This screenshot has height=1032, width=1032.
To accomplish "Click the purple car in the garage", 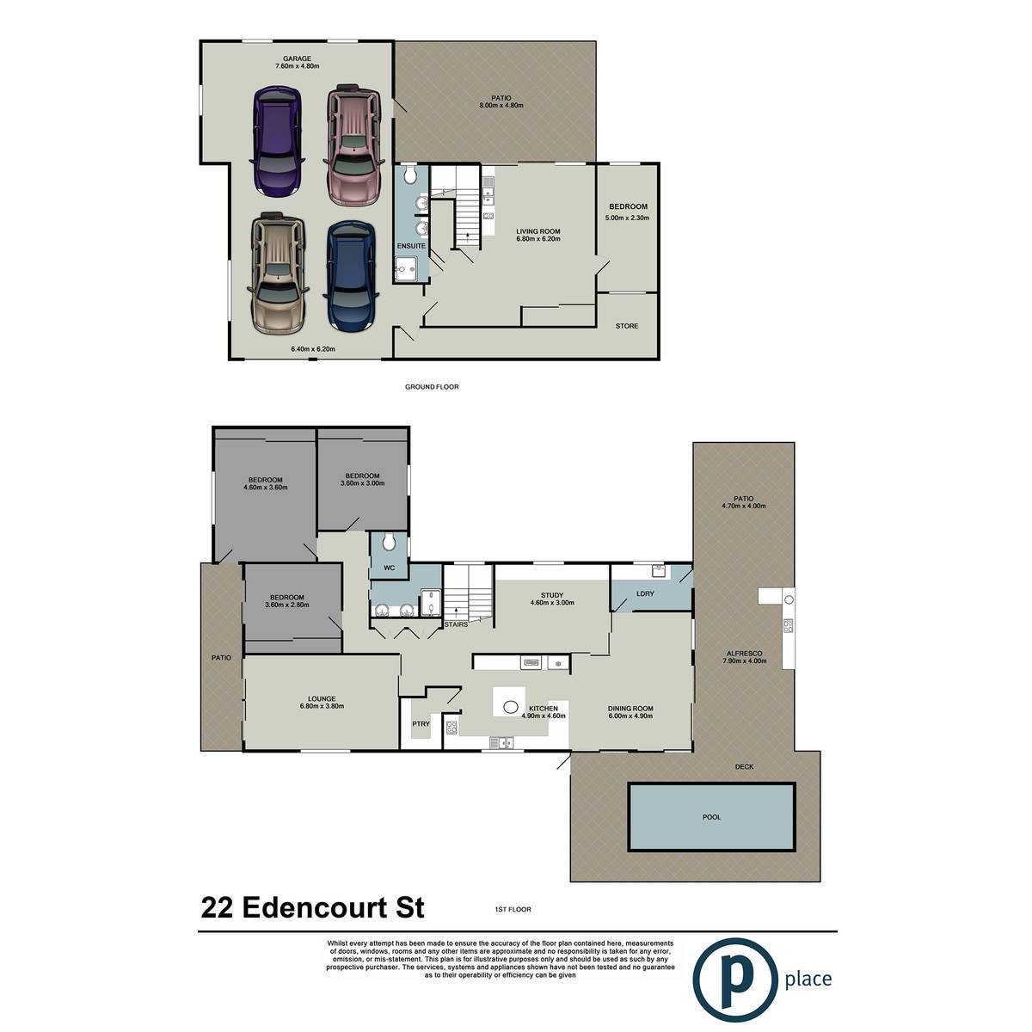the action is [278, 140].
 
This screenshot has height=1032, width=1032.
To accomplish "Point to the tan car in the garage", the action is [278, 273].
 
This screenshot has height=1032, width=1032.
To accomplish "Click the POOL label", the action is [711, 817].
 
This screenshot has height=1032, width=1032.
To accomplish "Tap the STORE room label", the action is [627, 326].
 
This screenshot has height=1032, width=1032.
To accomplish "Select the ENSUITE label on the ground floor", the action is [411, 246].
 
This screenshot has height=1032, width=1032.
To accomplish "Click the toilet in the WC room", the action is [390, 542].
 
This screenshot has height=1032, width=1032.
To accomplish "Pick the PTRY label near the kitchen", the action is [421, 723].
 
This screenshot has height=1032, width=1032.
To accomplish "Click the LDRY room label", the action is [645, 593].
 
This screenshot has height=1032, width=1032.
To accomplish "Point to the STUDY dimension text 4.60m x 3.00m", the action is [551, 603].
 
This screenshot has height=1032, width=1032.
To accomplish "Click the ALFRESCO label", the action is [745, 654].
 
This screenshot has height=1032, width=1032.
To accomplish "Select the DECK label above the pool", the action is [744, 766].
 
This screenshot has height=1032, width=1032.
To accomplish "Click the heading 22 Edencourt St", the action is [313, 907].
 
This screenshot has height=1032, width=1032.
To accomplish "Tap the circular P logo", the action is [734, 980].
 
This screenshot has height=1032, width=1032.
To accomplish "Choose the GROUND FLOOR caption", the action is [432, 387].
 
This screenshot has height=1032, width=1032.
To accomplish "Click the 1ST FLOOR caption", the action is [513, 909].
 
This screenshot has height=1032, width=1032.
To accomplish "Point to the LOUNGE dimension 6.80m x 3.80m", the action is [322, 706].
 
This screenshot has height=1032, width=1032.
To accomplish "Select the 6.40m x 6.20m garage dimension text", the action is [313, 348].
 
